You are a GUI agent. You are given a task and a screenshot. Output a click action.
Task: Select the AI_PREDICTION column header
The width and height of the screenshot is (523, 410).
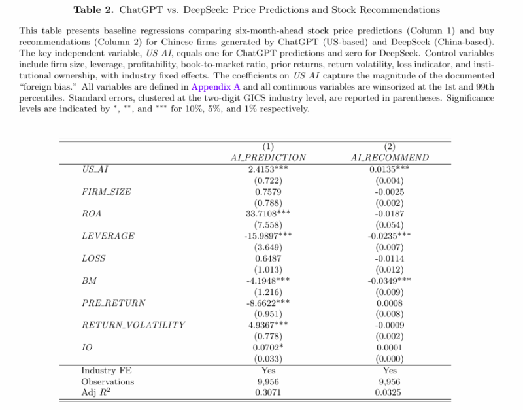[x=268, y=158]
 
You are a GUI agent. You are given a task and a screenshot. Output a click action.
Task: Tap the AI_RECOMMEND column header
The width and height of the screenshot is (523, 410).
[x=390, y=158]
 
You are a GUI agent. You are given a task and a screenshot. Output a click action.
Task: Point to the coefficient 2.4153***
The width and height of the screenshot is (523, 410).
[x=268, y=169]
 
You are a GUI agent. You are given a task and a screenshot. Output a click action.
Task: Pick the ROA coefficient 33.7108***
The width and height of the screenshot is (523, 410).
[x=268, y=213]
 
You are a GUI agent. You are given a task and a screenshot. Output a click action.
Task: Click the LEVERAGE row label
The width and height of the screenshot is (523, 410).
[x=108, y=235]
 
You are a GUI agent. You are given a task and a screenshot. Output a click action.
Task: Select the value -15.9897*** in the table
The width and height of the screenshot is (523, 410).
[x=268, y=235]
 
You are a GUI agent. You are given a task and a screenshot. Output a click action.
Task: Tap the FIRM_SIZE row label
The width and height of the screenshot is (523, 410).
[x=106, y=191]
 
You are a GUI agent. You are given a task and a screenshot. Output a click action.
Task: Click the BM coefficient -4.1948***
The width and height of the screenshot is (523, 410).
[x=268, y=280]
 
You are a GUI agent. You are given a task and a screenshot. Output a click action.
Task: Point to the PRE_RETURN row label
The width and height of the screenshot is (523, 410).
[x=113, y=303]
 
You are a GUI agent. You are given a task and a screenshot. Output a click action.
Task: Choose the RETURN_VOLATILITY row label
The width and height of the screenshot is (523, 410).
[x=133, y=325]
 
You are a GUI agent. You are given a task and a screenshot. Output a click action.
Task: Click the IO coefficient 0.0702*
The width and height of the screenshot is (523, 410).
[x=268, y=347]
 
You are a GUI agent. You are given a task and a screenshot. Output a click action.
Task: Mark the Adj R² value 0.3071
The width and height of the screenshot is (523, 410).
[x=268, y=392]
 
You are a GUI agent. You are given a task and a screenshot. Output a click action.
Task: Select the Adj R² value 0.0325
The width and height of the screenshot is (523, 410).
[x=390, y=392]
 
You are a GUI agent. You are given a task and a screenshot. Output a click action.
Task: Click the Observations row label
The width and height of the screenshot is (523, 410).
[x=107, y=381]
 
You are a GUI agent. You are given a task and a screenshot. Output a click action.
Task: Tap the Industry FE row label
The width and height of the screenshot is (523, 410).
[x=107, y=370]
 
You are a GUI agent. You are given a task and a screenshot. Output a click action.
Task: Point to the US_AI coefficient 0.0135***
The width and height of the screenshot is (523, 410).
[x=390, y=169]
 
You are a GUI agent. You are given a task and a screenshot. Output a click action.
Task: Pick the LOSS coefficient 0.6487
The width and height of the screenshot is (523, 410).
[x=268, y=258]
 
